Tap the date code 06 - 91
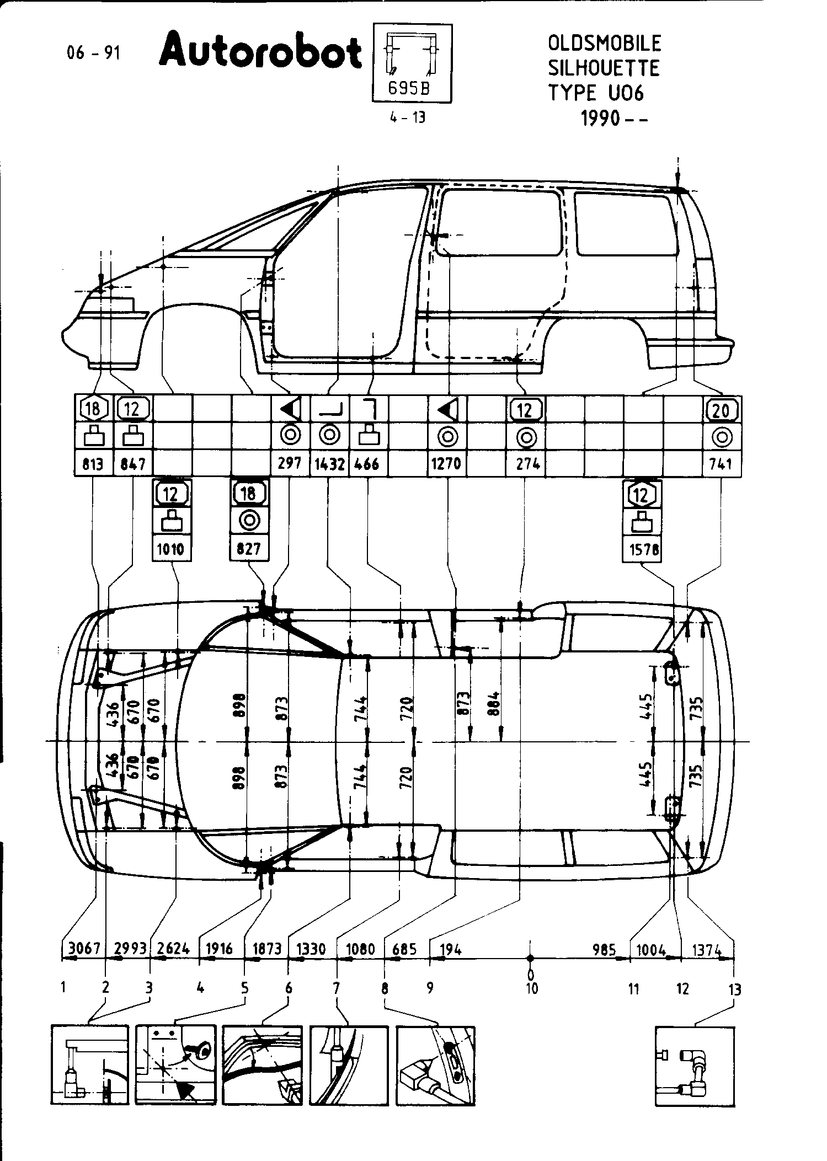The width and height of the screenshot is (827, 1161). pos(93,53)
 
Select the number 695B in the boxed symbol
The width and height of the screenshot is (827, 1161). pos(409,88)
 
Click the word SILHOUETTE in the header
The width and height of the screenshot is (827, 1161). pos(604,68)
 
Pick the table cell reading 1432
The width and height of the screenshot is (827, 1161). pos(329,463)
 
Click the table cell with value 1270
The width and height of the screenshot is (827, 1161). pos(446,463)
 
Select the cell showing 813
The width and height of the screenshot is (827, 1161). pos(93,463)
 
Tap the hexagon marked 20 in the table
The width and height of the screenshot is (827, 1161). pos(721,410)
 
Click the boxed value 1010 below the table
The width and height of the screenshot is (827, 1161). pos(172,549)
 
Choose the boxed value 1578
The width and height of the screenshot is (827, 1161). pos(642,549)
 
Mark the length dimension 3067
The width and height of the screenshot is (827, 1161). pos(84,949)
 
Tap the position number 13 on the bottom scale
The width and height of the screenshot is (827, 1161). pos(735,989)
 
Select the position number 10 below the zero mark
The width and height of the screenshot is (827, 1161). pos(531,989)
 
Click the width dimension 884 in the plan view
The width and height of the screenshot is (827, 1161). pos(494,703)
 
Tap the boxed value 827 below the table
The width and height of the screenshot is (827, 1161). pos(249,549)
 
